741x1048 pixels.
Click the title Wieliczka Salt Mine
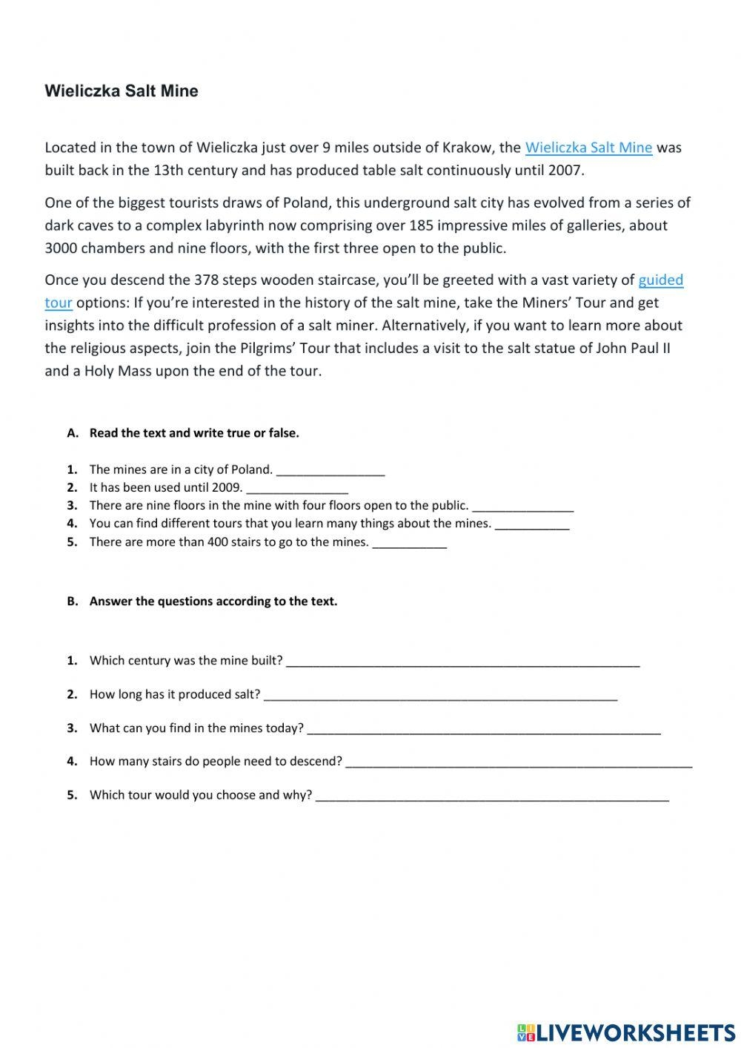point(122,91)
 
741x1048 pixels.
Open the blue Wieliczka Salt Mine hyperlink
point(588,148)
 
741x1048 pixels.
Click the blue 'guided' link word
point(660,280)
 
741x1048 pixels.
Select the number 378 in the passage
point(206,280)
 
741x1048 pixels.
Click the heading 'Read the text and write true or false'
point(194,433)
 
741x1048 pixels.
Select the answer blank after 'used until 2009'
point(296,488)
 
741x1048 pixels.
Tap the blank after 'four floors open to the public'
point(522,507)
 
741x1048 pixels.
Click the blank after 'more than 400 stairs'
point(409,543)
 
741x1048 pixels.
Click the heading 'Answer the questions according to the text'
point(213,602)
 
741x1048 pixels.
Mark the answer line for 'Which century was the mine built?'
point(462,662)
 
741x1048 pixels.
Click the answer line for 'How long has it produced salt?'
point(440,696)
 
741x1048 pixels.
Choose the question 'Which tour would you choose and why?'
point(200,795)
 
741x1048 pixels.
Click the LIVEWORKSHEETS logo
point(626,1032)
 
